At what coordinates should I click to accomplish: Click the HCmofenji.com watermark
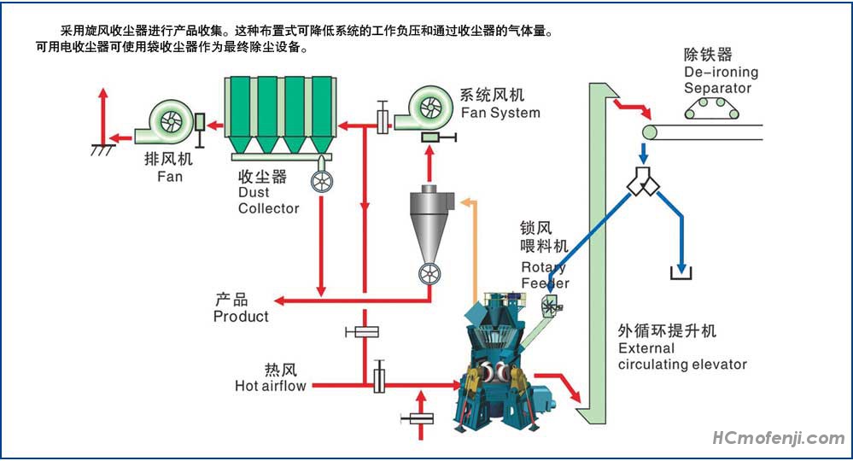[x=778, y=439]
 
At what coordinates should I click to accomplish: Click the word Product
[x=240, y=316]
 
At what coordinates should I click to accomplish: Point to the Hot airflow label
[x=270, y=385]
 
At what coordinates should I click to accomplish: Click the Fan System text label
[x=500, y=112]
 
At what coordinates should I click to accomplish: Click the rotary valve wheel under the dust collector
[x=323, y=182]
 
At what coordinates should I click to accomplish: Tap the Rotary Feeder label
[x=544, y=275]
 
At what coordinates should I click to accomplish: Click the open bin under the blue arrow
[x=681, y=274]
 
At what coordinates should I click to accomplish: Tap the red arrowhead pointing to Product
[x=278, y=301]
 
